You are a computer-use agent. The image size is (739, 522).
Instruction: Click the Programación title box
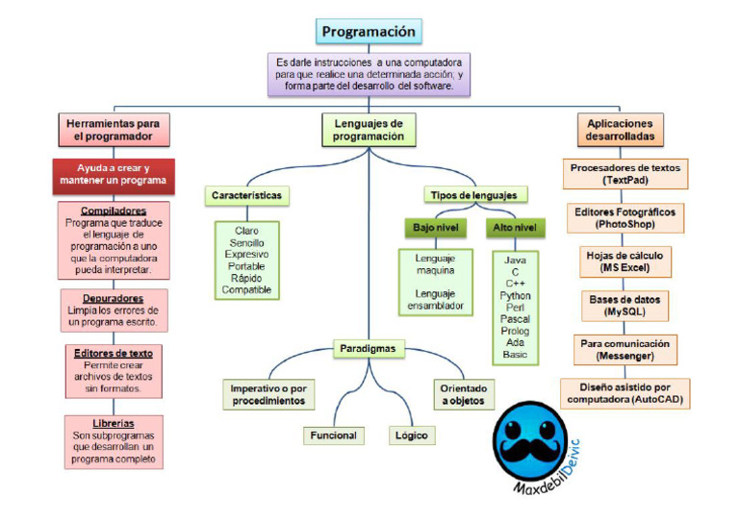coord(369,32)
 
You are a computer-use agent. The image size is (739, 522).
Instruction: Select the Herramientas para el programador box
coord(113,129)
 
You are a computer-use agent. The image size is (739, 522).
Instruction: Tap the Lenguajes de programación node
coord(369,130)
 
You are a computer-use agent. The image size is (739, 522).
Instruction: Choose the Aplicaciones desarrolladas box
coord(620,130)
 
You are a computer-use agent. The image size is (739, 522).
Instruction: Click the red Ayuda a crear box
coord(113,174)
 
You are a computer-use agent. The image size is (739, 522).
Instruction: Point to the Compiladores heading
coord(114,210)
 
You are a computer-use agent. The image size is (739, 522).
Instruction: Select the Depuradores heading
coord(114,298)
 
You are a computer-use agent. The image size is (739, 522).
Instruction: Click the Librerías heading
coord(114,423)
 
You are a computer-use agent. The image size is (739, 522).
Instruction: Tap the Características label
coord(247,195)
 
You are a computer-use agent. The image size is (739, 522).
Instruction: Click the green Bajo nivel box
coord(434,229)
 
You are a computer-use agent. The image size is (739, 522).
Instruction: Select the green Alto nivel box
coord(515,229)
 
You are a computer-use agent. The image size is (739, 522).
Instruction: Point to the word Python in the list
coord(515,295)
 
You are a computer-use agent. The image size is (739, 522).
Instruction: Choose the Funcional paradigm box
coord(333,435)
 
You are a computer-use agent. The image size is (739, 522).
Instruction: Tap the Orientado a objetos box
coord(464,394)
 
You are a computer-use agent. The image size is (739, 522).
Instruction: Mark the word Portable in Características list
coord(246,266)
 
